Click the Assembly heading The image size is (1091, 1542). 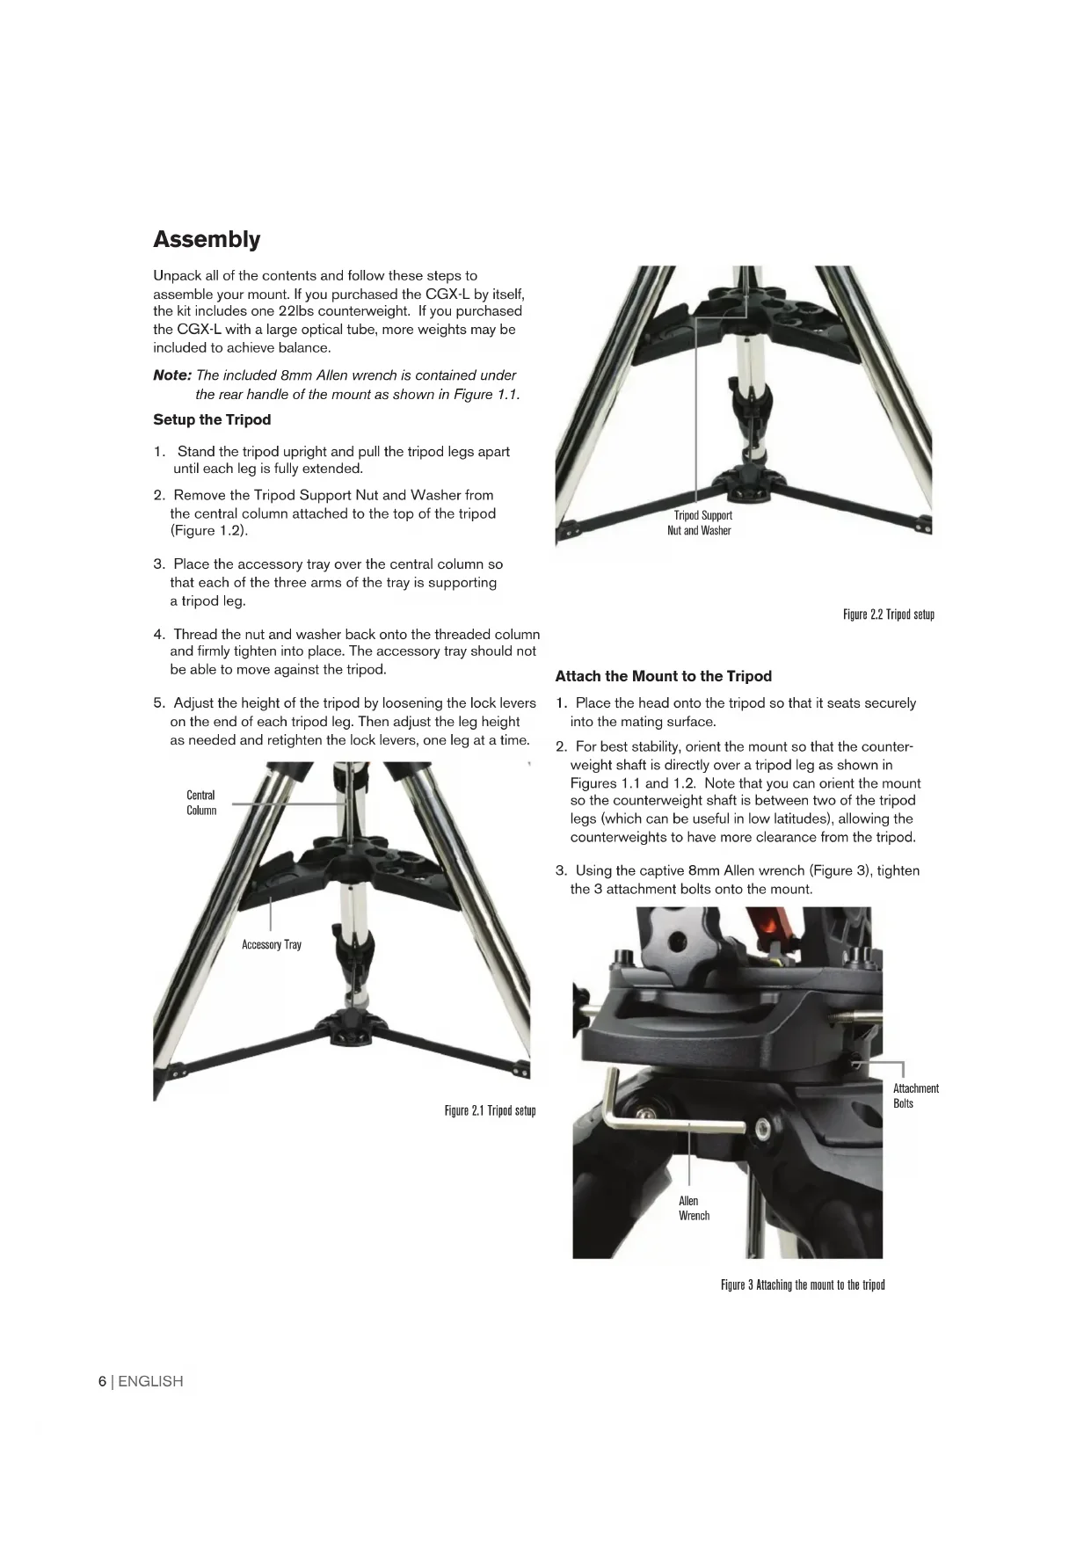coord(207,239)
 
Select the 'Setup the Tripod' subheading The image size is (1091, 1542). coord(212,419)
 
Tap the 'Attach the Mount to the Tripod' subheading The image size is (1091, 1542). coord(663,676)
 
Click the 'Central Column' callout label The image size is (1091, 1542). coord(200,803)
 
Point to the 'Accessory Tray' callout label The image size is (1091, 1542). coord(272,944)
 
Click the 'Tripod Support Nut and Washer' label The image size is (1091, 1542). coord(701,522)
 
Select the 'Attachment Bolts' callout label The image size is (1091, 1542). coord(915,1095)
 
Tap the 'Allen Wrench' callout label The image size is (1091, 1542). coord(693,1208)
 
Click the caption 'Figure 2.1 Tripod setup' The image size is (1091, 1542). coord(490,1110)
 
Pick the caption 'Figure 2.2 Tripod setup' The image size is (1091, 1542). coord(888,615)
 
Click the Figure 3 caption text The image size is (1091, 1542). coord(803,1284)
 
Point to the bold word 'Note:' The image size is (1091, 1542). coord(172,375)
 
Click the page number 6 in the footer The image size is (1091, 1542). coord(102,1381)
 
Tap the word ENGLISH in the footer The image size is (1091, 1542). coord(150,1381)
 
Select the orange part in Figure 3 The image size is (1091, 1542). coord(774,930)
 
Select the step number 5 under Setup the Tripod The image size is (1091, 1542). coord(158,703)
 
